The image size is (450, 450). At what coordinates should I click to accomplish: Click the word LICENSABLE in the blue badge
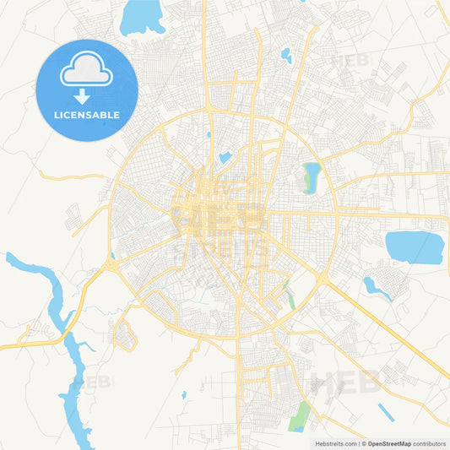86,114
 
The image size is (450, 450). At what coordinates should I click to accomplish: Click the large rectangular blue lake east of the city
414,247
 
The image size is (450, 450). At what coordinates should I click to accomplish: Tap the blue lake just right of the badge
142,17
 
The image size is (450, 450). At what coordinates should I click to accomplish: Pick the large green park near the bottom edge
299,415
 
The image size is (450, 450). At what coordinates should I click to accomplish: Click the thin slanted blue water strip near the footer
386,412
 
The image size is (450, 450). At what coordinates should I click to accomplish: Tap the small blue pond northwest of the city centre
225,157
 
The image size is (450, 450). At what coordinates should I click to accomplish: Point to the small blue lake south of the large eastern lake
374,287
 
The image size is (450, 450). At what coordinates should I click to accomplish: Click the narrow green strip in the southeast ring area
290,296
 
